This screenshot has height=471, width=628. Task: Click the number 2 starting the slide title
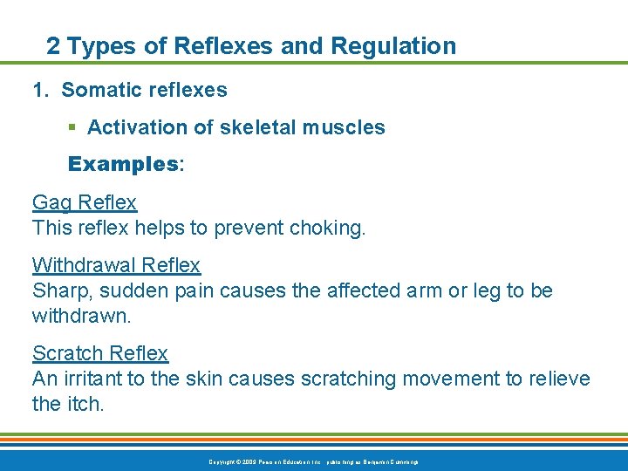[x=53, y=46]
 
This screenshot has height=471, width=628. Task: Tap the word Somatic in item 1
[x=98, y=90]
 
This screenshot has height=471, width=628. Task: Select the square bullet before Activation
[x=73, y=128]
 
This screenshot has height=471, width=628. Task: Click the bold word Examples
[x=123, y=164]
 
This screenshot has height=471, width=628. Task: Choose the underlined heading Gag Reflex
[x=85, y=202]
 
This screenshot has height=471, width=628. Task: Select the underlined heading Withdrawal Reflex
[x=116, y=264]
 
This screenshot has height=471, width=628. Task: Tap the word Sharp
[x=59, y=290]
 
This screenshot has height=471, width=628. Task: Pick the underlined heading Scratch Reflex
[x=100, y=353]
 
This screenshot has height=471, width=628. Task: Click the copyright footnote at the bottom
[x=313, y=461]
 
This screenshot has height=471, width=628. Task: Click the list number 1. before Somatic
[x=41, y=90]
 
